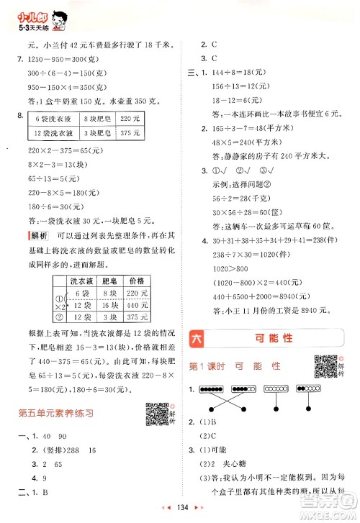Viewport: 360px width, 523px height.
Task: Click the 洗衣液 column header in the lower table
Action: (x=77, y=280)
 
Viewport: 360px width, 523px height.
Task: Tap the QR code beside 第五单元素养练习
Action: (x=154, y=411)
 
